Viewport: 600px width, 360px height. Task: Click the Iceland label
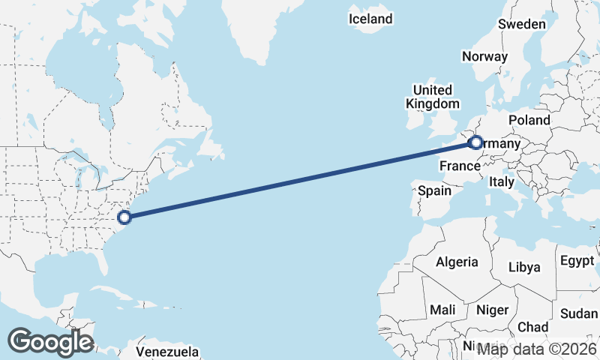click(370, 19)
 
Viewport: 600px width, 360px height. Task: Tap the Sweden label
click(522, 24)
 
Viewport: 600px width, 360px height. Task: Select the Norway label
click(484, 56)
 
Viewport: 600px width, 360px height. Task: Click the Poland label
click(529, 120)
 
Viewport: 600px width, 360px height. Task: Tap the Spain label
click(434, 190)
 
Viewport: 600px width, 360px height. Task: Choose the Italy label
click(501, 181)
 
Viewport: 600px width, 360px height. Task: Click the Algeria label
click(457, 262)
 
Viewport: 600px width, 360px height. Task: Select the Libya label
click(523, 267)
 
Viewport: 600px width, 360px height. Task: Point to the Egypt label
click(576, 261)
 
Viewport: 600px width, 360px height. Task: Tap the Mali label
click(442, 309)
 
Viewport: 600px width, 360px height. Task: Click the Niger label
click(492, 309)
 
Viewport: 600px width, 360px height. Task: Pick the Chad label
click(532, 327)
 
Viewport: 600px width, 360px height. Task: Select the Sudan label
click(579, 313)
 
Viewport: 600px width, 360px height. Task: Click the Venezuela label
click(167, 351)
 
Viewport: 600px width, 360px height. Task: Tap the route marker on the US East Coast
click(125, 217)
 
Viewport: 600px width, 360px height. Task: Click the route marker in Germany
click(475, 142)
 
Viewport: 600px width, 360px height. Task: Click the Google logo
click(50, 342)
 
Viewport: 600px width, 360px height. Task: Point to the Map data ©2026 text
click(537, 348)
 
